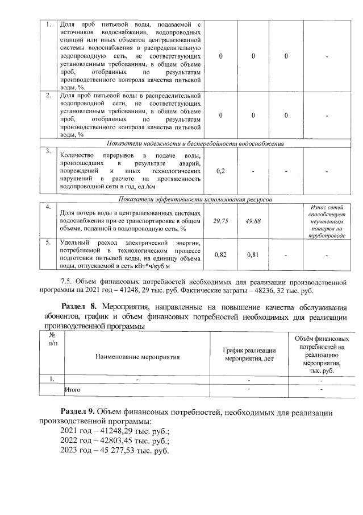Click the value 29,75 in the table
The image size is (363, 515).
(221, 221)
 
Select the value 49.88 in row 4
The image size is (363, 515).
(253, 221)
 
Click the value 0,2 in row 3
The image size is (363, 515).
(221, 171)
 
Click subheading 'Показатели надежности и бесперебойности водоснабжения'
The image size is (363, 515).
(195, 143)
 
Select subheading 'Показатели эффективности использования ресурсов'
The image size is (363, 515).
(195, 200)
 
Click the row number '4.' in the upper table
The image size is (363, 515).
(49, 206)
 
